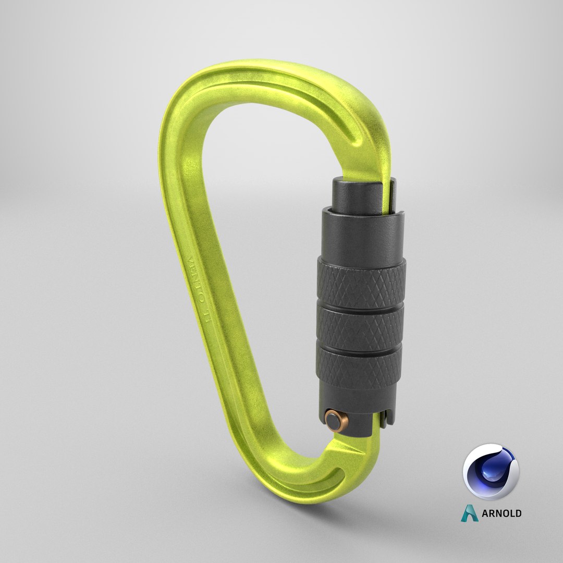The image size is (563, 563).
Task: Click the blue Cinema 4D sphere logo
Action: point(491,472)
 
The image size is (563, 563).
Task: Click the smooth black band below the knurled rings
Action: point(360,396)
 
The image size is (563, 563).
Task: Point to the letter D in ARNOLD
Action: point(517,513)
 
